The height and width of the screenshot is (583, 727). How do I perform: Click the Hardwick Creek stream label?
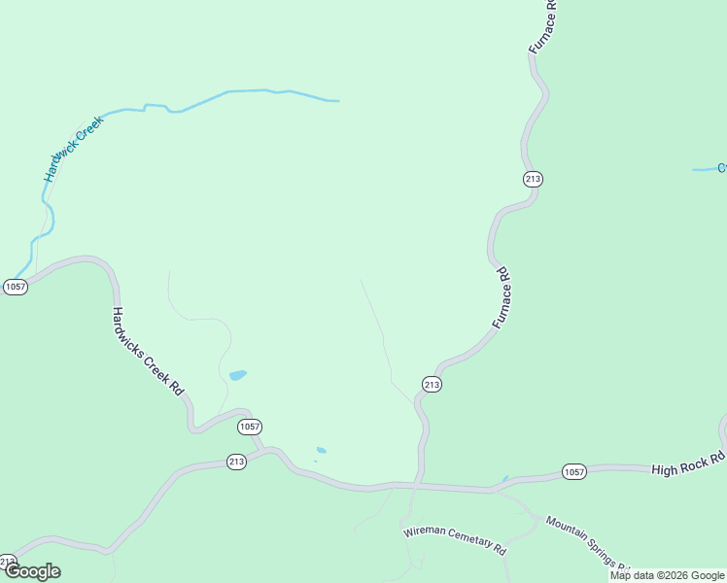[73, 149]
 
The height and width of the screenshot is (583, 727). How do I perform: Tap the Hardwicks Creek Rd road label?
[147, 351]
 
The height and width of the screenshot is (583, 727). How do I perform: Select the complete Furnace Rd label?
[501, 296]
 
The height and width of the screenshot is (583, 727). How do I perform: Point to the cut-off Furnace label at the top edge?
[541, 26]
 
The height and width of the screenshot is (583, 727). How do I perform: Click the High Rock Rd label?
[688, 463]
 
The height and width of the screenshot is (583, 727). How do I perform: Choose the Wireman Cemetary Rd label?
[455, 540]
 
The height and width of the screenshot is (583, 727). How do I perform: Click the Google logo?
[32, 571]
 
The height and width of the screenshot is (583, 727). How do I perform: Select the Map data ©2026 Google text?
[667, 575]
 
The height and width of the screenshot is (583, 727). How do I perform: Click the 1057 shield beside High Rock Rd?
[574, 472]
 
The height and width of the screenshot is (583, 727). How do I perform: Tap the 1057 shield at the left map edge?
[15, 287]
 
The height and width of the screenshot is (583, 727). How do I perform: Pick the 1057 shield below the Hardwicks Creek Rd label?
[250, 427]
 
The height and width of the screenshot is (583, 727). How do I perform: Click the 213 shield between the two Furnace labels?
[533, 179]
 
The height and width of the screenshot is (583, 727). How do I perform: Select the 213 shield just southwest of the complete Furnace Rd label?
[433, 385]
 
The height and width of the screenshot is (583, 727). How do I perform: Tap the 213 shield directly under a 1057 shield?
[236, 462]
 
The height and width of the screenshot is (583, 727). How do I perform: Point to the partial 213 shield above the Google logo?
[7, 561]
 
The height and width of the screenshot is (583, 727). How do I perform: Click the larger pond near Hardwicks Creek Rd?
[237, 374]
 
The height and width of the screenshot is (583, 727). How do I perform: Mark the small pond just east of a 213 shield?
[321, 450]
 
